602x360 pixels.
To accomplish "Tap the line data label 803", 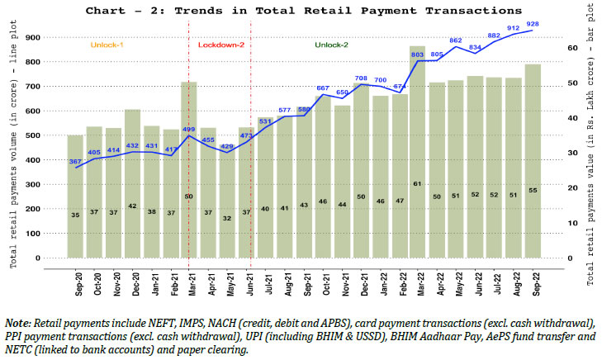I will tap(418, 54).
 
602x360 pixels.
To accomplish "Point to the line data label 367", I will tap(75, 162).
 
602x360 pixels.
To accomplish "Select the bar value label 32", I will tap(228, 218).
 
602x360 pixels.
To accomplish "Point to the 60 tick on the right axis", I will tap(571, 48).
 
